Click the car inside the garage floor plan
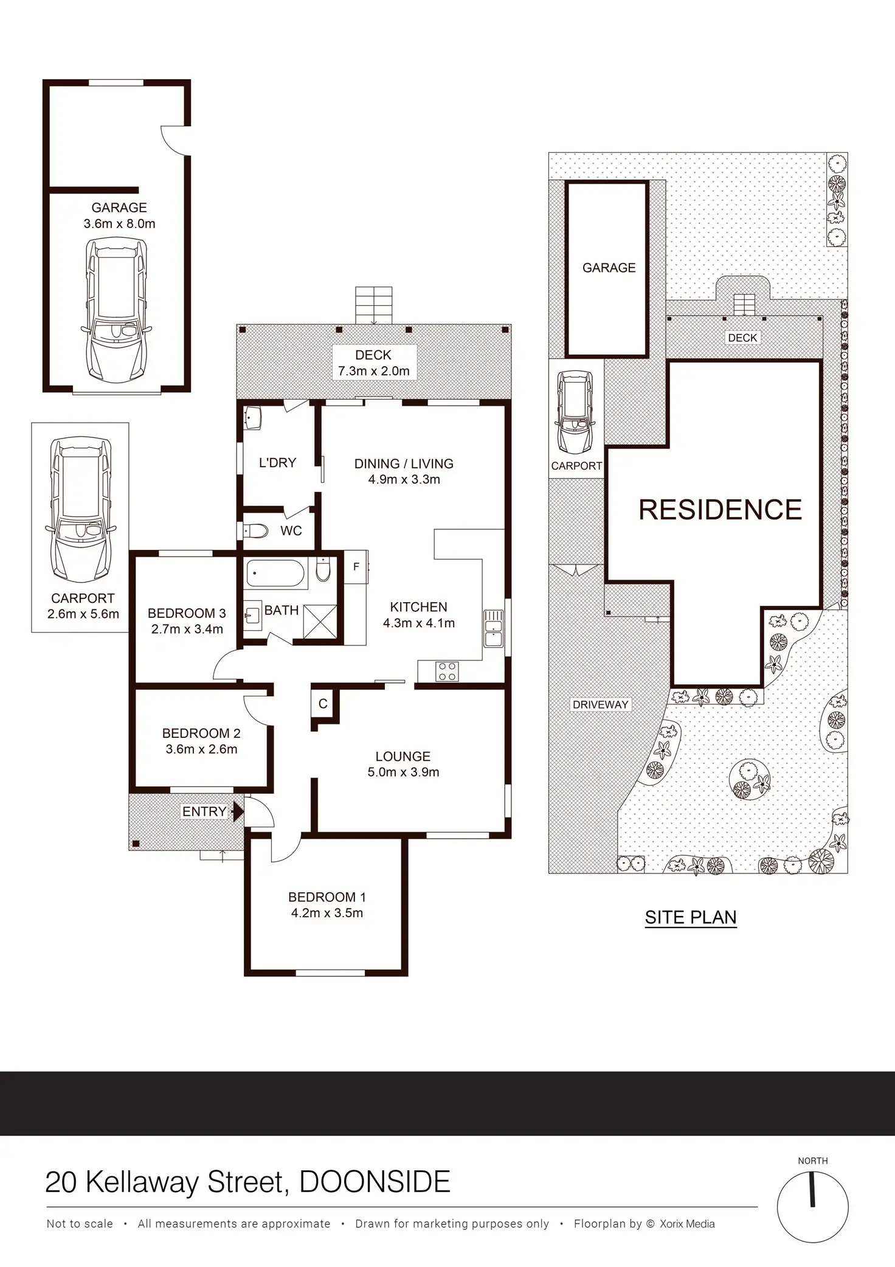click(x=115, y=310)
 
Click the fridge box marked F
click(x=356, y=567)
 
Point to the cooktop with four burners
click(x=447, y=672)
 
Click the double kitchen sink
click(x=493, y=628)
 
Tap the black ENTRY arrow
click(x=238, y=811)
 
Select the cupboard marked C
click(x=323, y=704)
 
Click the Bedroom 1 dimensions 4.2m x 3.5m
click(x=327, y=913)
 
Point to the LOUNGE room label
click(x=403, y=756)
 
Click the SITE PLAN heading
click(x=691, y=917)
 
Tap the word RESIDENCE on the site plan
click(x=720, y=510)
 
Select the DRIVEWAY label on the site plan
click(x=600, y=704)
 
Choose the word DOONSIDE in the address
click(x=375, y=1182)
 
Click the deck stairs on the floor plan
click(x=374, y=306)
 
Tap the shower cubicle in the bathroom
click(x=320, y=621)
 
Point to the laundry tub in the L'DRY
click(x=253, y=418)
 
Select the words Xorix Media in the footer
click(x=687, y=1224)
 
